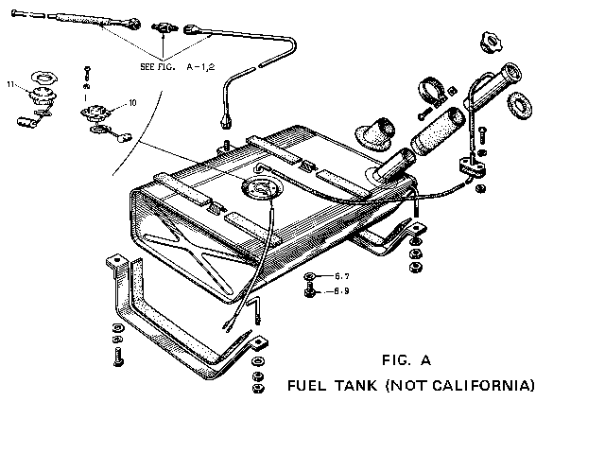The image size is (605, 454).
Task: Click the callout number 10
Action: coord(132,101)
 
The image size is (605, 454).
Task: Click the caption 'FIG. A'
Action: coord(406,359)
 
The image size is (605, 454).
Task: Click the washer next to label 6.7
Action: coord(310,277)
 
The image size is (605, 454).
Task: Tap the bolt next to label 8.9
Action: coord(310,291)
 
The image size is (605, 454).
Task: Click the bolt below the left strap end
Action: coord(116,358)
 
